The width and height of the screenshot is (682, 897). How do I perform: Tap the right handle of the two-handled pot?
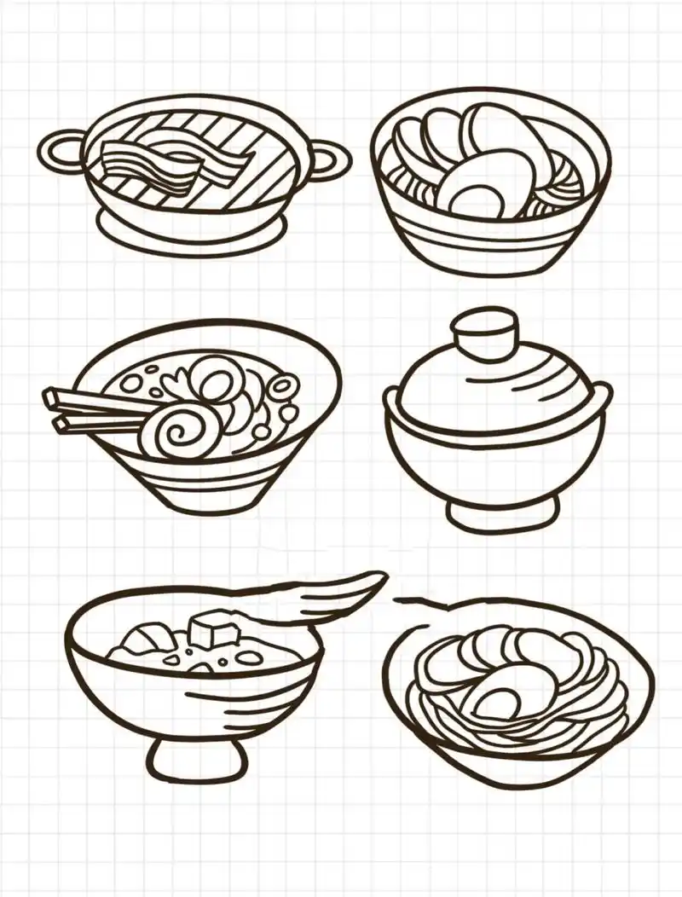tap(330, 162)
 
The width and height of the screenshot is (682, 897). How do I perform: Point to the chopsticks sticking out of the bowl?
tap(90, 408)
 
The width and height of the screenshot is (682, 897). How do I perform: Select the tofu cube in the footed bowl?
tap(213, 632)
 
